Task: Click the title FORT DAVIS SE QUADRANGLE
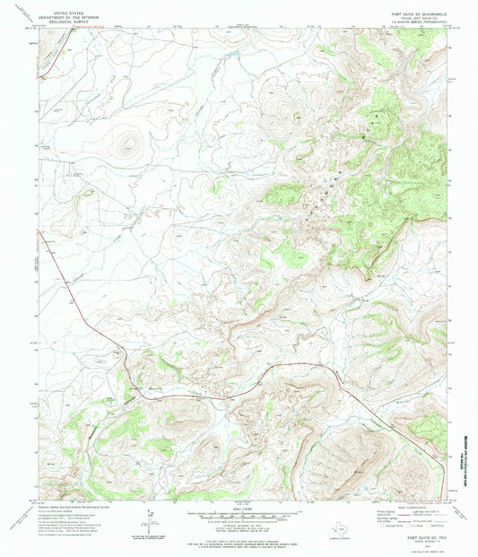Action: (x=404, y=5)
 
